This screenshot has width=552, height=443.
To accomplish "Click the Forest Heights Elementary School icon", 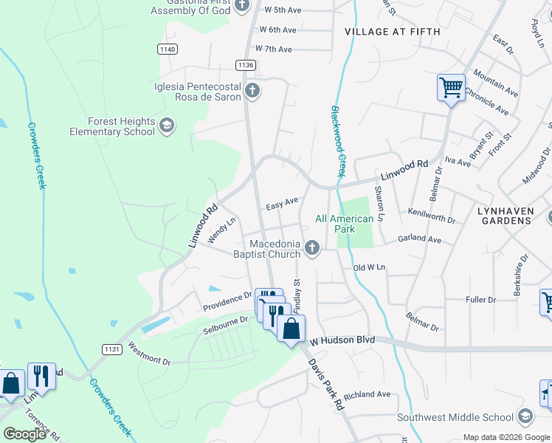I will tap(167, 125).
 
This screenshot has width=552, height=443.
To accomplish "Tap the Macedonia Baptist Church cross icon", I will tap(312, 247).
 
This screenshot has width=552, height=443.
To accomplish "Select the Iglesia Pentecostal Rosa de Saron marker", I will tap(252, 91).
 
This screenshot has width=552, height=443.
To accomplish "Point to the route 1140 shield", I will tap(167, 49).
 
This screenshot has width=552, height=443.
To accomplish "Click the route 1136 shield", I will tap(246, 65).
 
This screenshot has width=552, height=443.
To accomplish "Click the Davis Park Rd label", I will tap(325, 385).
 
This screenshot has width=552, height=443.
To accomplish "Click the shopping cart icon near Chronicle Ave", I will tap(451, 89).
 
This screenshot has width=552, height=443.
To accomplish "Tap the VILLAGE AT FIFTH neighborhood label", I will tap(392, 32).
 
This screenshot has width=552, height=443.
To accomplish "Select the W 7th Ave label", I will tap(274, 49).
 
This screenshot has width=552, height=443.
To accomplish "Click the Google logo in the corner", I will tap(24, 433).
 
